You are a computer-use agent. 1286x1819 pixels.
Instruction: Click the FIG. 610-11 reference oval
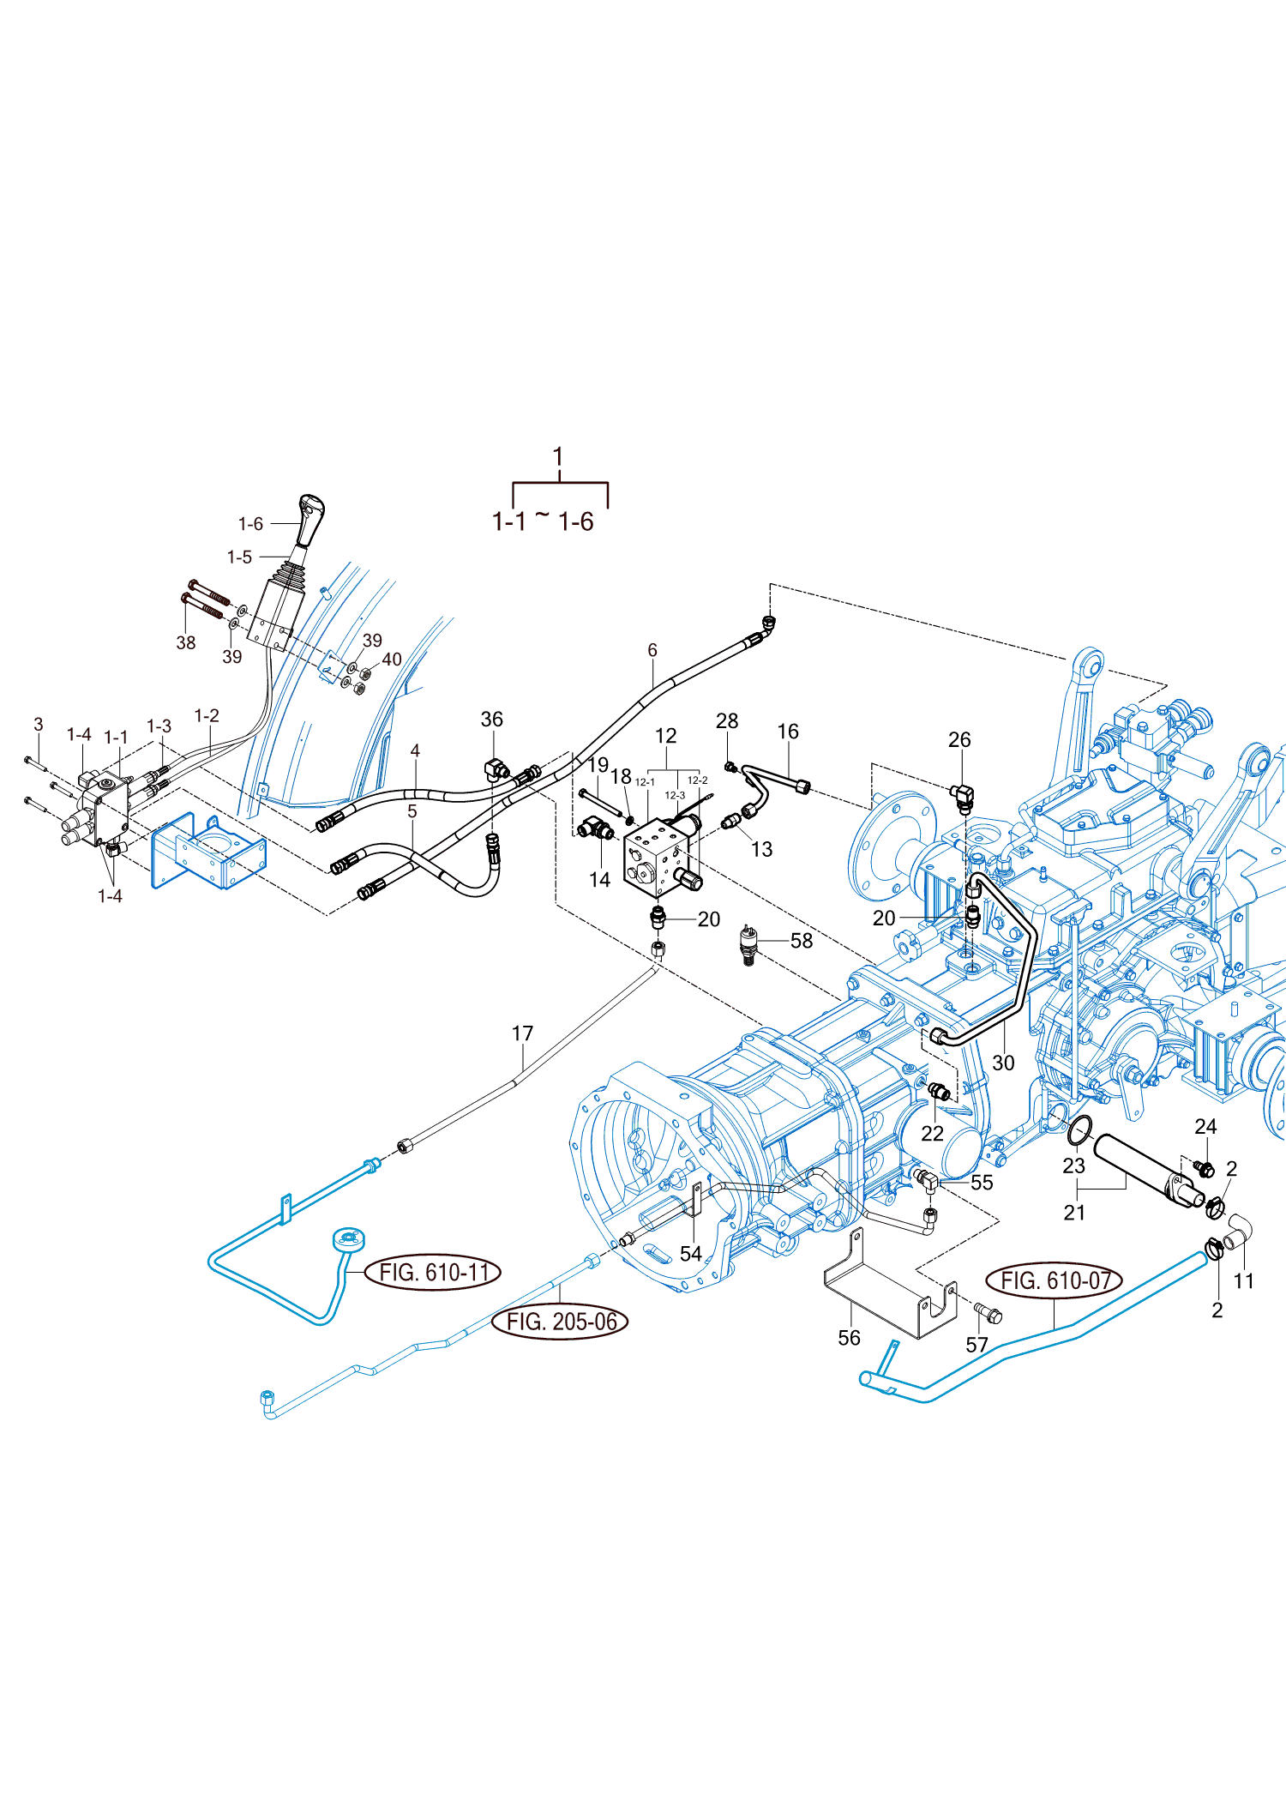pyautogui.click(x=433, y=1272)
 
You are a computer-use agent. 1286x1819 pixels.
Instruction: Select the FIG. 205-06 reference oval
pyautogui.click(x=561, y=1322)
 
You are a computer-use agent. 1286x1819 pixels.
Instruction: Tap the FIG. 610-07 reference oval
pyautogui.click(x=1055, y=1281)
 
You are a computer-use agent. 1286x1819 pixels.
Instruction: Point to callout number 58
pyautogui.click(x=802, y=941)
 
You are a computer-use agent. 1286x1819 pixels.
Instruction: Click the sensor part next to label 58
pyautogui.click(x=749, y=945)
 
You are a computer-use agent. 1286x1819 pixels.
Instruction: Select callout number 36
pyautogui.click(x=491, y=720)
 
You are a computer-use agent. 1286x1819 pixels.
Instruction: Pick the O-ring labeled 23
pyautogui.click(x=1080, y=1129)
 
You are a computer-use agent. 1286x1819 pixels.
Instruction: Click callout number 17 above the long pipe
pyautogui.click(x=522, y=1033)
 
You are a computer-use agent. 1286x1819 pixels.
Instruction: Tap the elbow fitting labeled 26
pyautogui.click(x=962, y=798)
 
